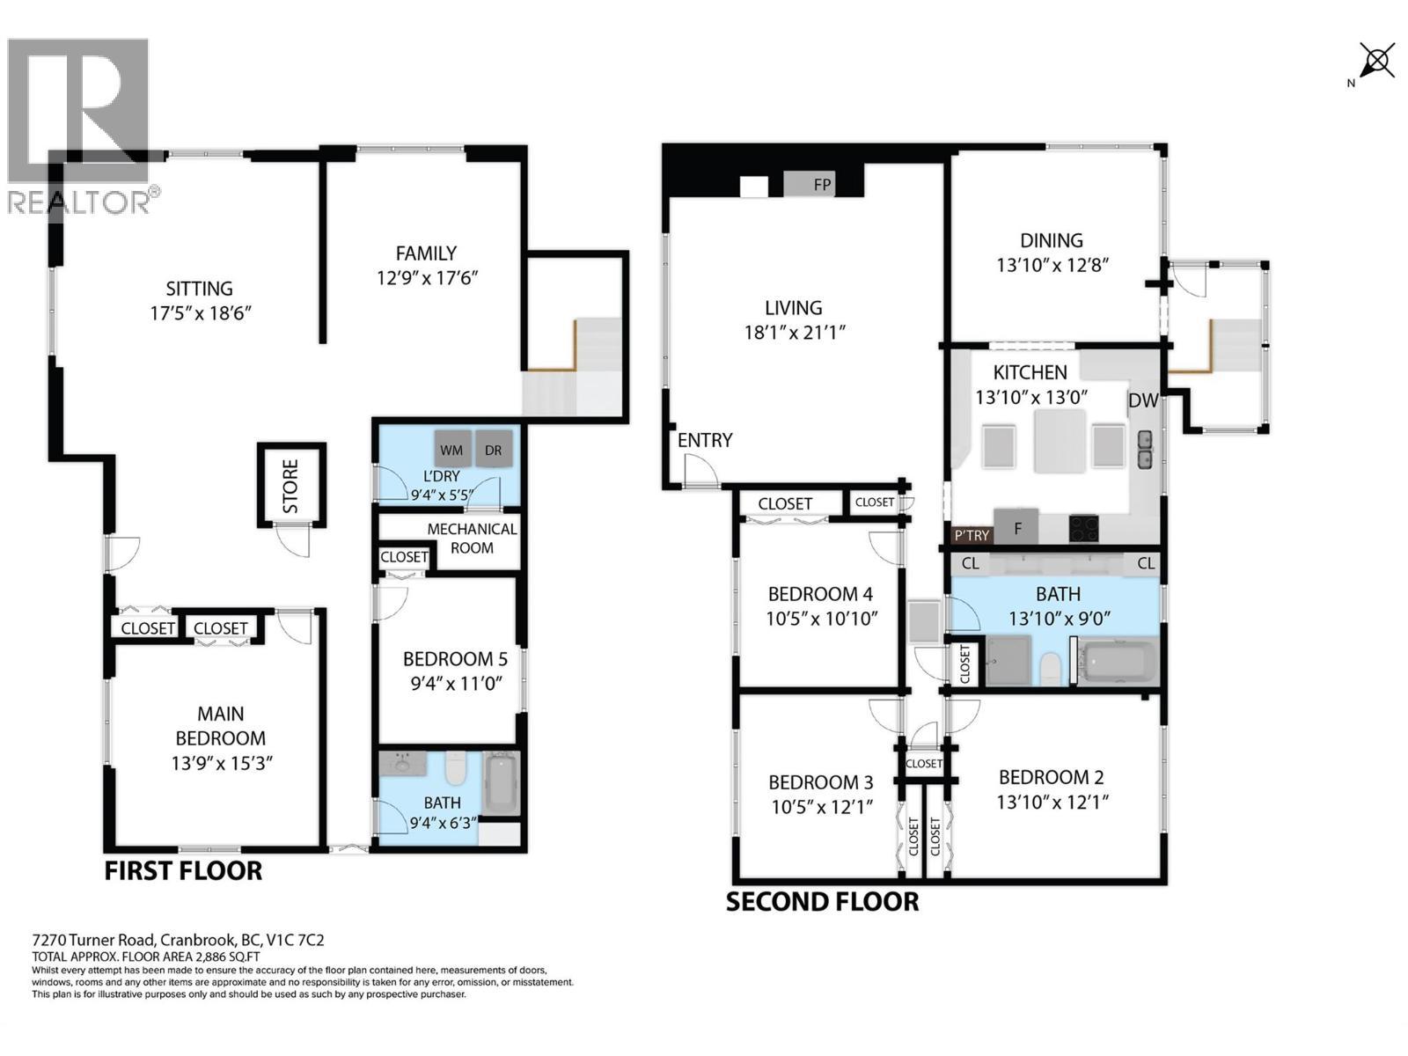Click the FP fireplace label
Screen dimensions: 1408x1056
[x=822, y=185]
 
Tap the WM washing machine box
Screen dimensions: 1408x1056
[x=452, y=449]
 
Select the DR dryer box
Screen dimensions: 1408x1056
[x=494, y=449]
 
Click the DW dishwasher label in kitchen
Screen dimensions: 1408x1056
[x=1143, y=400]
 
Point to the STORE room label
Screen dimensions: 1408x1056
[x=290, y=486]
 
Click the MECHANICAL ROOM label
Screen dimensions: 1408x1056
[x=472, y=538]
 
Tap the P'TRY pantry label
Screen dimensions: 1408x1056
[x=972, y=535]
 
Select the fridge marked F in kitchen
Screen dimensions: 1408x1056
[x=1016, y=526]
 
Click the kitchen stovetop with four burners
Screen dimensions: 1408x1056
[x=1084, y=529]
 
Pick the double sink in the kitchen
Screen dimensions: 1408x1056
[x=1145, y=449]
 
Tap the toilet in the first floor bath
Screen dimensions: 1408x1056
[x=455, y=768]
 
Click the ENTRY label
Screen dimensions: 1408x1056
[x=704, y=440]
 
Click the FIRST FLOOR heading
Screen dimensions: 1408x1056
[x=183, y=871]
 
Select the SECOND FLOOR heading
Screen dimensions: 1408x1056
[x=822, y=902]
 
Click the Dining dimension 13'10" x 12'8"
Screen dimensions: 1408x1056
[x=1052, y=265]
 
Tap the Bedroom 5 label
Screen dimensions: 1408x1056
[x=455, y=658]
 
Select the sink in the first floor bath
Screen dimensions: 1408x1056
[x=403, y=764]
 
